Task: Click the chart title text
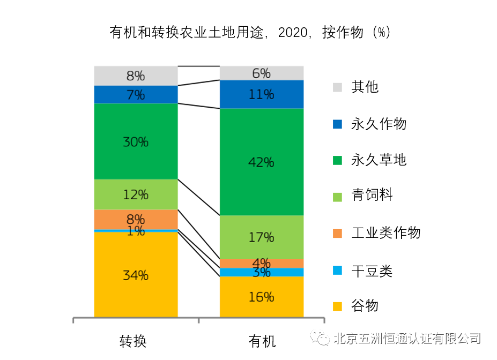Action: point(249,33)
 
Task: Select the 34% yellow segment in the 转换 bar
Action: point(136,275)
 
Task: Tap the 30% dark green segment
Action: point(136,141)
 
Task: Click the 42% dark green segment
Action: point(262,162)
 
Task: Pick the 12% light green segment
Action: point(136,194)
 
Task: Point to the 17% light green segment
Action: point(262,237)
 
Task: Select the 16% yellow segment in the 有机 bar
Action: point(262,297)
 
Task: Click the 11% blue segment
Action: point(262,94)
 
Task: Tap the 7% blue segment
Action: point(136,95)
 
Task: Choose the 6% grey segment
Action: point(262,73)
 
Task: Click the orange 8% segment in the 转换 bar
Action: point(136,219)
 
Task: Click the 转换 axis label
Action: point(133,341)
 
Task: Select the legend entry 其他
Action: point(365,87)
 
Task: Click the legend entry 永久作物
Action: point(379,124)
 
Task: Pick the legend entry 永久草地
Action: point(379,160)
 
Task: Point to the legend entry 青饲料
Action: point(372,196)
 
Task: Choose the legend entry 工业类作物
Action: point(385,233)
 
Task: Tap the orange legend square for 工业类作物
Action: point(337,233)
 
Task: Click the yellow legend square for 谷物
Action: point(337,306)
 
